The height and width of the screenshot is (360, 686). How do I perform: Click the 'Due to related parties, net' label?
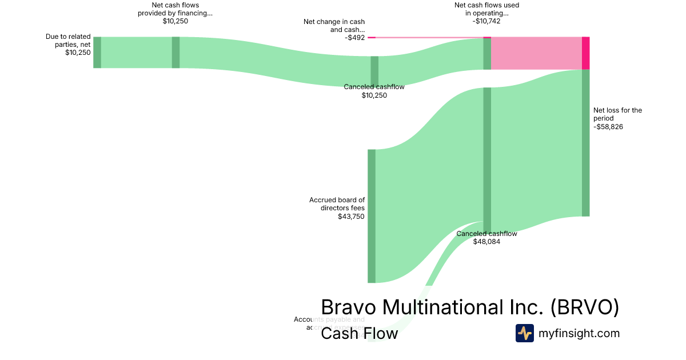click(x=68, y=40)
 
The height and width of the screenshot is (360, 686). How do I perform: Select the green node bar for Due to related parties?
click(x=97, y=52)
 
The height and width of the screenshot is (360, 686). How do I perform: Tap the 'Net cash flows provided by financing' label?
click(x=175, y=9)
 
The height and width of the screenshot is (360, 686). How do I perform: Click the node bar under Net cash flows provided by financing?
click(x=176, y=52)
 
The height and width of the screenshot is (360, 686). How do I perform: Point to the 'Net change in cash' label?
click(x=334, y=26)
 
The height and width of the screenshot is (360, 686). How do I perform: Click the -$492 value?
click(x=354, y=38)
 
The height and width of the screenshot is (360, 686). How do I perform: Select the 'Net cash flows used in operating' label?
click(x=486, y=9)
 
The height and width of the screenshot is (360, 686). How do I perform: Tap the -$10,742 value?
click(x=486, y=21)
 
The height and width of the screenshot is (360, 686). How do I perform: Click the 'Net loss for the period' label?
click(x=617, y=114)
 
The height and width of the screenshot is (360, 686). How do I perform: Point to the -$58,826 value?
click(x=608, y=127)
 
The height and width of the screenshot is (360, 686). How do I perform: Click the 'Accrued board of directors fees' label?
click(x=337, y=204)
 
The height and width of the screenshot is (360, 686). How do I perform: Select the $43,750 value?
click(x=351, y=217)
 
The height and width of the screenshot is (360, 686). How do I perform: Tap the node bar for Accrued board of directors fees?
click(x=372, y=216)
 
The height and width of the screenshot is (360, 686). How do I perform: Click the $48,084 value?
click(x=486, y=242)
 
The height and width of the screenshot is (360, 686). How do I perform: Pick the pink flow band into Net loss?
click(x=536, y=53)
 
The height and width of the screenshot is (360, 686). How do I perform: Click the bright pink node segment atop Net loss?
click(x=585, y=53)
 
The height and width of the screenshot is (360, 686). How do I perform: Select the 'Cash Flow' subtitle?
click(x=359, y=333)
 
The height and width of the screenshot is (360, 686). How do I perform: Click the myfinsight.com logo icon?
click(x=524, y=333)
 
